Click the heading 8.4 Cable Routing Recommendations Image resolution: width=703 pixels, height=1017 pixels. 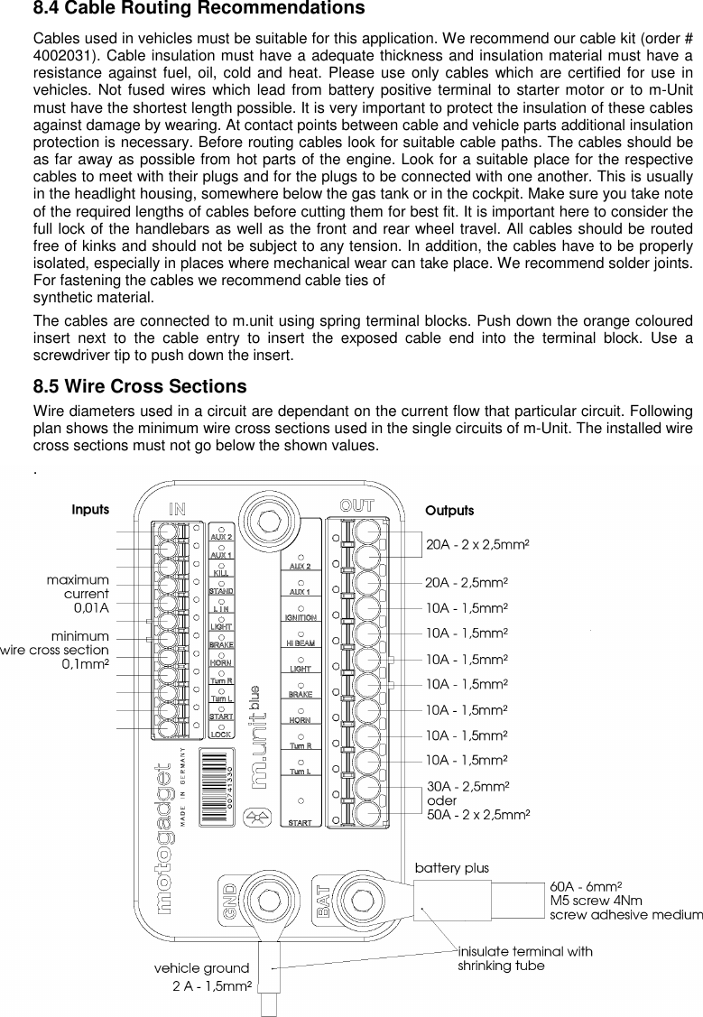pyautogui.click(x=199, y=10)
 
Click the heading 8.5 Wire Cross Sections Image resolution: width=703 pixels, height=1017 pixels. pyautogui.click(x=140, y=387)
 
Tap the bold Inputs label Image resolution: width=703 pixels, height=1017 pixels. pyautogui.click(x=90, y=510)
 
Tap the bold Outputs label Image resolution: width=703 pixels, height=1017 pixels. pyautogui.click(x=449, y=512)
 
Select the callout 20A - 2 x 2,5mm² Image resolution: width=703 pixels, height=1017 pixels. pyautogui.click(x=477, y=545)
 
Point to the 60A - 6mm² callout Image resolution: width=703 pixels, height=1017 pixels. pyautogui.click(x=589, y=887)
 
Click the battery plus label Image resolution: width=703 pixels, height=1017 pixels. pyautogui.click(x=451, y=868)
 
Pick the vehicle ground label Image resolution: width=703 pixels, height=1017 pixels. pyautogui.click(x=201, y=968)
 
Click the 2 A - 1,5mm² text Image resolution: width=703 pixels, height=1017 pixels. pyautogui.click(x=211, y=986)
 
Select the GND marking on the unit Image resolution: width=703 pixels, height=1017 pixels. pyautogui.click(x=232, y=899)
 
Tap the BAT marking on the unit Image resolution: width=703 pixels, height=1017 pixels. pyautogui.click(x=322, y=900)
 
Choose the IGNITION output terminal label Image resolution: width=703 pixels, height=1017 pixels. pyautogui.click(x=301, y=618)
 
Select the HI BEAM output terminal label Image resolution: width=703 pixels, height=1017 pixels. pyautogui.click(x=301, y=644)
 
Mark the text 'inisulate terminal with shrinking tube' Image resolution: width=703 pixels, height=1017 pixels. pyautogui.click(x=525, y=958)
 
